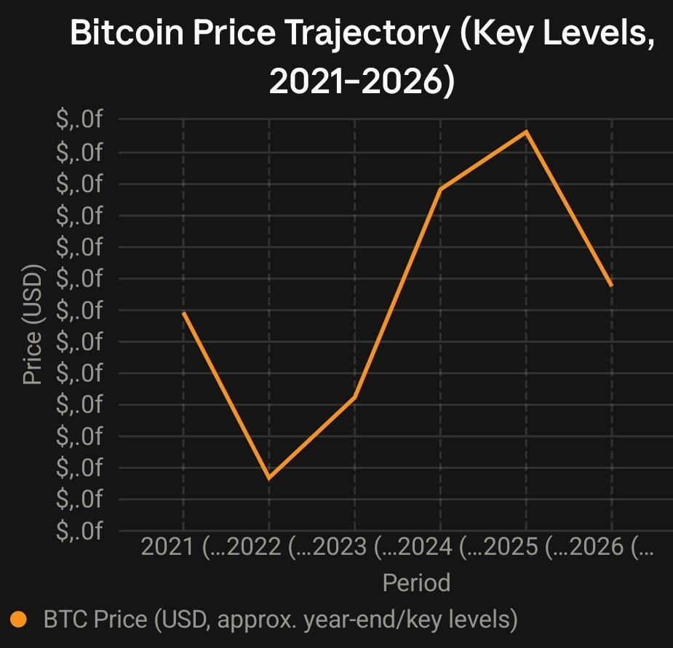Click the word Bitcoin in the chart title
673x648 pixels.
point(127,32)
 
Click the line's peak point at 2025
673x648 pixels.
point(526,131)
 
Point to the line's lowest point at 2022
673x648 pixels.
point(269,478)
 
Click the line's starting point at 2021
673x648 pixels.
point(183,312)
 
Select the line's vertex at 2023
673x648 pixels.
point(355,398)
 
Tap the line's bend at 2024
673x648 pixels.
point(440,189)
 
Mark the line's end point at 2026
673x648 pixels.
point(612,285)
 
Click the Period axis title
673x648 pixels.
point(416,582)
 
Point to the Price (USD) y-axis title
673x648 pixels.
point(33,325)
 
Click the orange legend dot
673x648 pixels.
point(18,619)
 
